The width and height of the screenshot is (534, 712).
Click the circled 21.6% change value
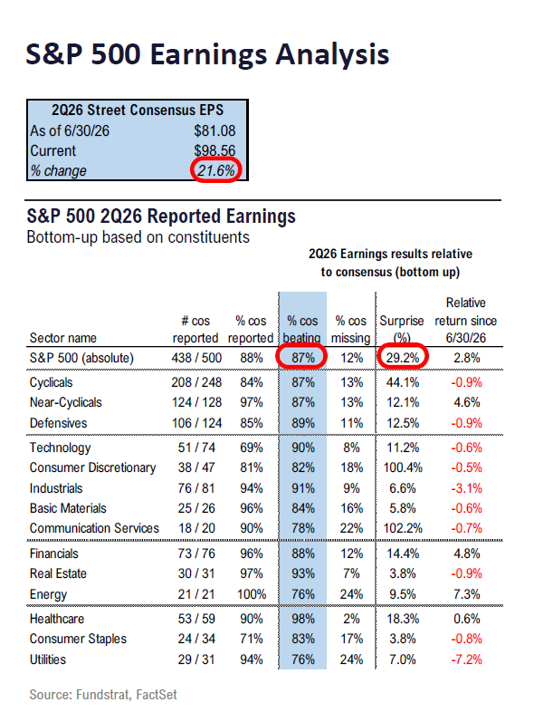click(216, 170)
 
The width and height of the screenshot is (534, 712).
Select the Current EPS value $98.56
click(215, 150)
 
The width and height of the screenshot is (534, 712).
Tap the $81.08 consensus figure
click(215, 130)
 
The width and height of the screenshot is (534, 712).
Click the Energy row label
click(48, 594)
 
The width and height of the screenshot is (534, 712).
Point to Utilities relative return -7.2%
click(466, 659)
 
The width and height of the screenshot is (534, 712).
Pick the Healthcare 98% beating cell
click(303, 619)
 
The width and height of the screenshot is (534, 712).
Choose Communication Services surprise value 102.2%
click(403, 528)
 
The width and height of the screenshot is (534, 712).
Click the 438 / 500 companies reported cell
click(196, 358)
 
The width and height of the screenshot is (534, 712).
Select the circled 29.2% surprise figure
click(403, 358)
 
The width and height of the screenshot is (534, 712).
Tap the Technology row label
click(60, 447)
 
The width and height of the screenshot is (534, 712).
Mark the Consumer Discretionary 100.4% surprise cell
click(403, 467)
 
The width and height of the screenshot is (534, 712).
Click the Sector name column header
click(63, 338)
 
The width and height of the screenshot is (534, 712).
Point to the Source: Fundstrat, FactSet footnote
click(103, 695)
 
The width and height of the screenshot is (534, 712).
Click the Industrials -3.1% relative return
click(466, 488)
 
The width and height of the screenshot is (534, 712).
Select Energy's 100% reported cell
click(252, 594)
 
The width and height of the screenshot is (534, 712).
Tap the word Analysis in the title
click(332, 55)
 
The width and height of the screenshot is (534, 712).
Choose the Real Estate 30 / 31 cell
click(196, 573)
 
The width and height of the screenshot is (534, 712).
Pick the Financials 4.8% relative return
click(466, 553)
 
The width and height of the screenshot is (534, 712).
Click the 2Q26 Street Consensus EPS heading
click(138, 110)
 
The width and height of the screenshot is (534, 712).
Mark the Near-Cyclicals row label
click(66, 402)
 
